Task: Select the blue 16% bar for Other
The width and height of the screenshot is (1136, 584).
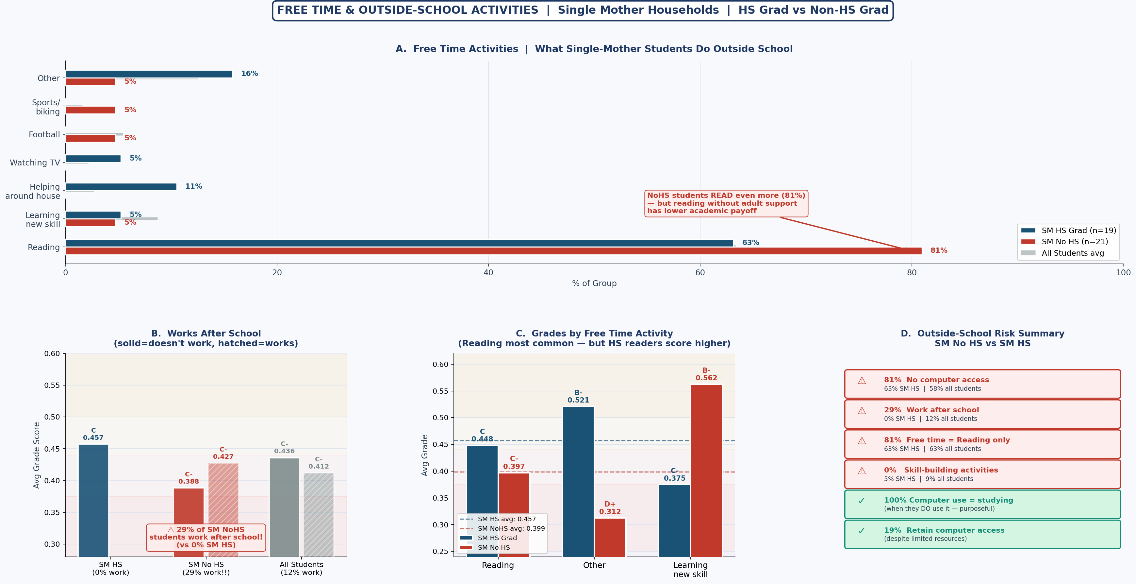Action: coord(149,74)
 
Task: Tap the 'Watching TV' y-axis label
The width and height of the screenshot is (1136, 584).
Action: coord(35,163)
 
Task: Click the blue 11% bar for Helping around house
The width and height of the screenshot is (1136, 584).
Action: coord(121,187)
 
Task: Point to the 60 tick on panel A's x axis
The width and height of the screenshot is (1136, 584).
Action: coord(700,273)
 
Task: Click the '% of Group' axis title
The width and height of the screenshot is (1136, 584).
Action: coord(594,283)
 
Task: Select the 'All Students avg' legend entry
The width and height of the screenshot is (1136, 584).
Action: coord(1072,253)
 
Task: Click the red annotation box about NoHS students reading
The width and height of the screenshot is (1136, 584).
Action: coord(726,203)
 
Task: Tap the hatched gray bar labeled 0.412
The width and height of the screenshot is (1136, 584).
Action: coord(319,514)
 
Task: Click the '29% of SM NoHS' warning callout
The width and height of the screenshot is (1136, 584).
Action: coord(206,537)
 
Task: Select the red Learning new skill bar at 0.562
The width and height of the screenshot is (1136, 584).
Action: coord(706,470)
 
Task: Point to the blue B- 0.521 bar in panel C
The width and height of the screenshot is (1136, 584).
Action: coord(578,481)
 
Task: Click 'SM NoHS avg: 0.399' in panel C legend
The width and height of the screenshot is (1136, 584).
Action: coord(511,528)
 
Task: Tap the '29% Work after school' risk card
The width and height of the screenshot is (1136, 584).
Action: coord(982,414)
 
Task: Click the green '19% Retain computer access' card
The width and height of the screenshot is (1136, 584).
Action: coord(982,534)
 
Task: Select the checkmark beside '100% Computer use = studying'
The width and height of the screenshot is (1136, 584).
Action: coord(862,501)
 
